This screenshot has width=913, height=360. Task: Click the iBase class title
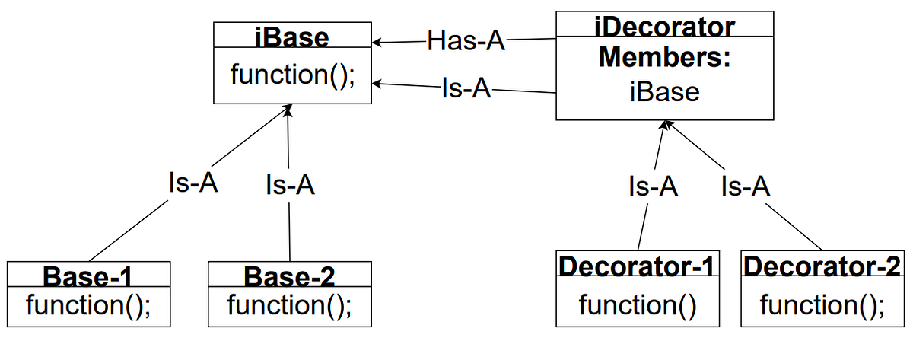[x=292, y=37]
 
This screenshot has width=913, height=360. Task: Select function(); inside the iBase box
[x=292, y=75]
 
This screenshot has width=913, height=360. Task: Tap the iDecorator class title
[x=664, y=27]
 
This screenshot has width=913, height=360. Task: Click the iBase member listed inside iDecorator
[x=664, y=91]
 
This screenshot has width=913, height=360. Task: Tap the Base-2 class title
[x=290, y=275]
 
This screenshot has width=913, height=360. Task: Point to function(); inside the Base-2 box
[x=290, y=305]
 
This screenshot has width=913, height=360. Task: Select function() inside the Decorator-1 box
[x=638, y=305]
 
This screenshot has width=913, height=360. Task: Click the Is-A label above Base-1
[x=192, y=183]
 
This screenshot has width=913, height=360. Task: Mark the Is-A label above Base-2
[x=290, y=185]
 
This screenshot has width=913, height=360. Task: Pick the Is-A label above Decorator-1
[x=653, y=186]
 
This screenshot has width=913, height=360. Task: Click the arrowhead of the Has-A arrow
[x=376, y=42]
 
